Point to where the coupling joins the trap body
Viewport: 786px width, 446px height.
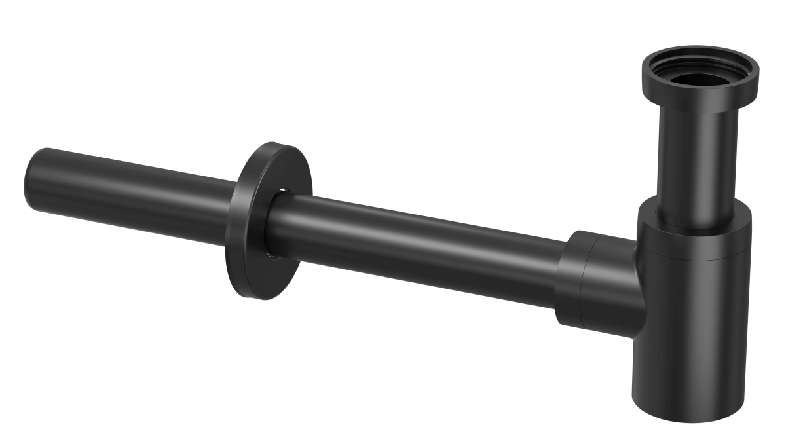pyautogui.click(x=637, y=288)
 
